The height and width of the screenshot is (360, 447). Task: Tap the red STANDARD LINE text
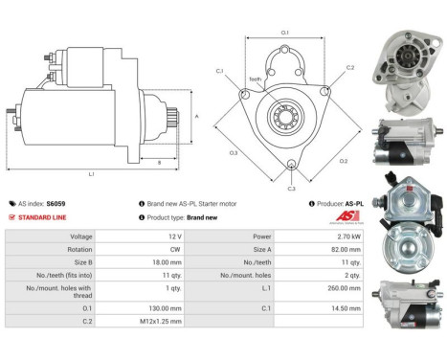41,217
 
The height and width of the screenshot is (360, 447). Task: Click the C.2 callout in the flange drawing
350,68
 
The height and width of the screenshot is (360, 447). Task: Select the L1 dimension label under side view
90,173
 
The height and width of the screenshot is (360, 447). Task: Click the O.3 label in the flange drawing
233,153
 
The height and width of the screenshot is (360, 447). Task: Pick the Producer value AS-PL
355,204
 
